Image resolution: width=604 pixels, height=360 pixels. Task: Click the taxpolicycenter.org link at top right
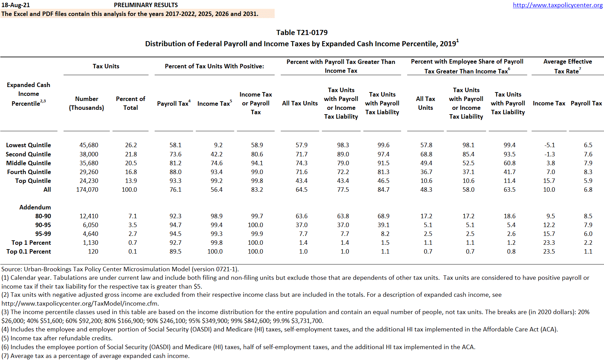tap(557, 5)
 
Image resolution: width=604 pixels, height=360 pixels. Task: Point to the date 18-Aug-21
tap(16, 5)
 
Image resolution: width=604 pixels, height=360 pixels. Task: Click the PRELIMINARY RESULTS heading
tap(146, 5)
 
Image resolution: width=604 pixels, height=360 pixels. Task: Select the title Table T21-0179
tap(302, 33)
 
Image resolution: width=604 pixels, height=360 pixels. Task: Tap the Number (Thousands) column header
tap(87, 103)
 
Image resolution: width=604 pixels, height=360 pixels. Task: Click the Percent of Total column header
tap(131, 103)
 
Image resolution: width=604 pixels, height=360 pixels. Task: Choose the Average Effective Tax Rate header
tap(567, 66)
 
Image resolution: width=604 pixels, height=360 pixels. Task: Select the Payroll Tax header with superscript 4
tap(173, 104)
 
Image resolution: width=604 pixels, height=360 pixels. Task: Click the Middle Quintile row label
tap(29, 163)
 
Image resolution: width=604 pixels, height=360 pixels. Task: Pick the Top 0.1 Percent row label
tap(29, 252)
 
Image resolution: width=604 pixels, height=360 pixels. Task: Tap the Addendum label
tap(35, 207)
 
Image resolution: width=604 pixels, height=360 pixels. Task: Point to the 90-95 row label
tap(43, 225)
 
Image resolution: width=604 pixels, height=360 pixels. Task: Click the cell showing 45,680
tap(89, 145)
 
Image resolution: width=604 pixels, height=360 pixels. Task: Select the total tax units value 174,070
tap(87, 190)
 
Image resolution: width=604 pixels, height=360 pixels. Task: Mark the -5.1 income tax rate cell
tap(550, 145)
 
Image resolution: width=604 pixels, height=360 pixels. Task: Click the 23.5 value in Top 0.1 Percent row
tap(549, 252)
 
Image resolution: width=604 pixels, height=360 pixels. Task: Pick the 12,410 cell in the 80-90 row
tap(89, 216)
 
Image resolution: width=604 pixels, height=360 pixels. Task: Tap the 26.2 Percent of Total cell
tap(131, 145)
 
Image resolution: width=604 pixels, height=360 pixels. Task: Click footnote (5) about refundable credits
tap(57, 338)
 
